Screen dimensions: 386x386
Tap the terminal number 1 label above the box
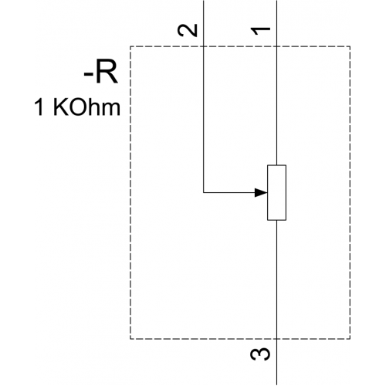tap(261, 31)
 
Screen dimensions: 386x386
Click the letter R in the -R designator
tap(107, 73)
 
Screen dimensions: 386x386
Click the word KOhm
tap(86, 107)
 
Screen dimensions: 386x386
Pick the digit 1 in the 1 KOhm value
tap(39, 107)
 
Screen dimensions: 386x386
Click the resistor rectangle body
tap(276, 192)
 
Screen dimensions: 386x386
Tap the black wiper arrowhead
tap(261, 192)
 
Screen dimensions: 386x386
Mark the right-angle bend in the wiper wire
tap(204, 192)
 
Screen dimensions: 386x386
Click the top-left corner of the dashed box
tap(130, 46)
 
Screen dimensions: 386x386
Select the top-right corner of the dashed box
tap(350, 46)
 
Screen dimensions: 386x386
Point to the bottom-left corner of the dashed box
tap(130, 339)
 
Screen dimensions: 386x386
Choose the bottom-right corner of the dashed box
tap(350, 339)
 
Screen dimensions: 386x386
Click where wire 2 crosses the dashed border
tap(204, 46)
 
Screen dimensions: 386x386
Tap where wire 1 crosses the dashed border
tap(276, 46)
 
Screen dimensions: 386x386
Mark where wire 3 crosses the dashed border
tap(276, 339)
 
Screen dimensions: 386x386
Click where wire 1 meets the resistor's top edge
tap(276, 165)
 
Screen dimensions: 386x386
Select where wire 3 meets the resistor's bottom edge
tap(276, 220)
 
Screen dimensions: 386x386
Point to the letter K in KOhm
tap(60, 107)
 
